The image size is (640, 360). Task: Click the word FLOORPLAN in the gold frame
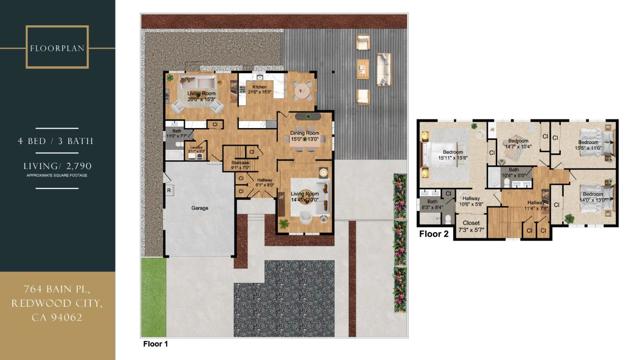57,47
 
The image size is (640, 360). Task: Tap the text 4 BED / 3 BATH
57,142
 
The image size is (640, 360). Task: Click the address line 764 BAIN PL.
57,289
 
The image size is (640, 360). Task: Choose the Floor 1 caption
156,343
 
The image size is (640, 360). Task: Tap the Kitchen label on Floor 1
261,88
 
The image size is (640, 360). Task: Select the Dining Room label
304,134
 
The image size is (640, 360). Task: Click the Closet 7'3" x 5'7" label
471,225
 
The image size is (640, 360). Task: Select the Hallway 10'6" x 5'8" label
471,199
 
